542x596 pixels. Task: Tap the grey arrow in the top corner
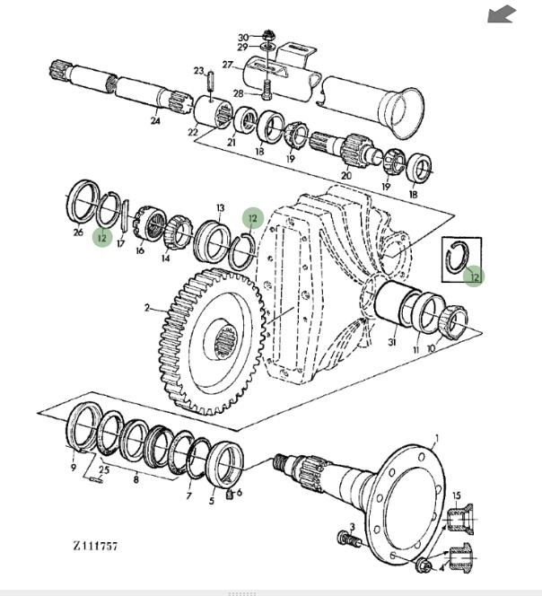point(503,14)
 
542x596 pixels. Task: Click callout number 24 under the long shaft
point(154,120)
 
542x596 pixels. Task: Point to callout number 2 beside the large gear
point(146,307)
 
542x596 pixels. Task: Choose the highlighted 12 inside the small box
point(473,277)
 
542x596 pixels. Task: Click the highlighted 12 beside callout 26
point(102,238)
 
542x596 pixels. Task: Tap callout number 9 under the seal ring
point(73,467)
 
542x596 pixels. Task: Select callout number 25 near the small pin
point(104,469)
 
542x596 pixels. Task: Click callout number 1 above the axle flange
point(436,439)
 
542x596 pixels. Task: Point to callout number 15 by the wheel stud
point(456,495)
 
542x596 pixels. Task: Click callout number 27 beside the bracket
point(228,64)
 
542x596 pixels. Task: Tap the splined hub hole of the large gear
point(228,340)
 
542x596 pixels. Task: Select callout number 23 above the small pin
point(198,70)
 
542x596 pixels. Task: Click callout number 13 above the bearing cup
point(221,207)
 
